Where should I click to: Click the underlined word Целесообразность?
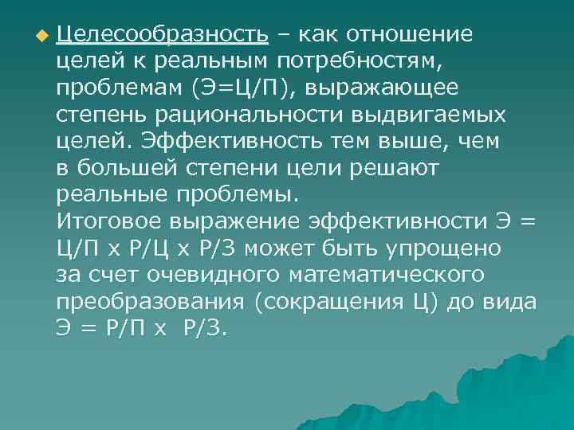(163, 35)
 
